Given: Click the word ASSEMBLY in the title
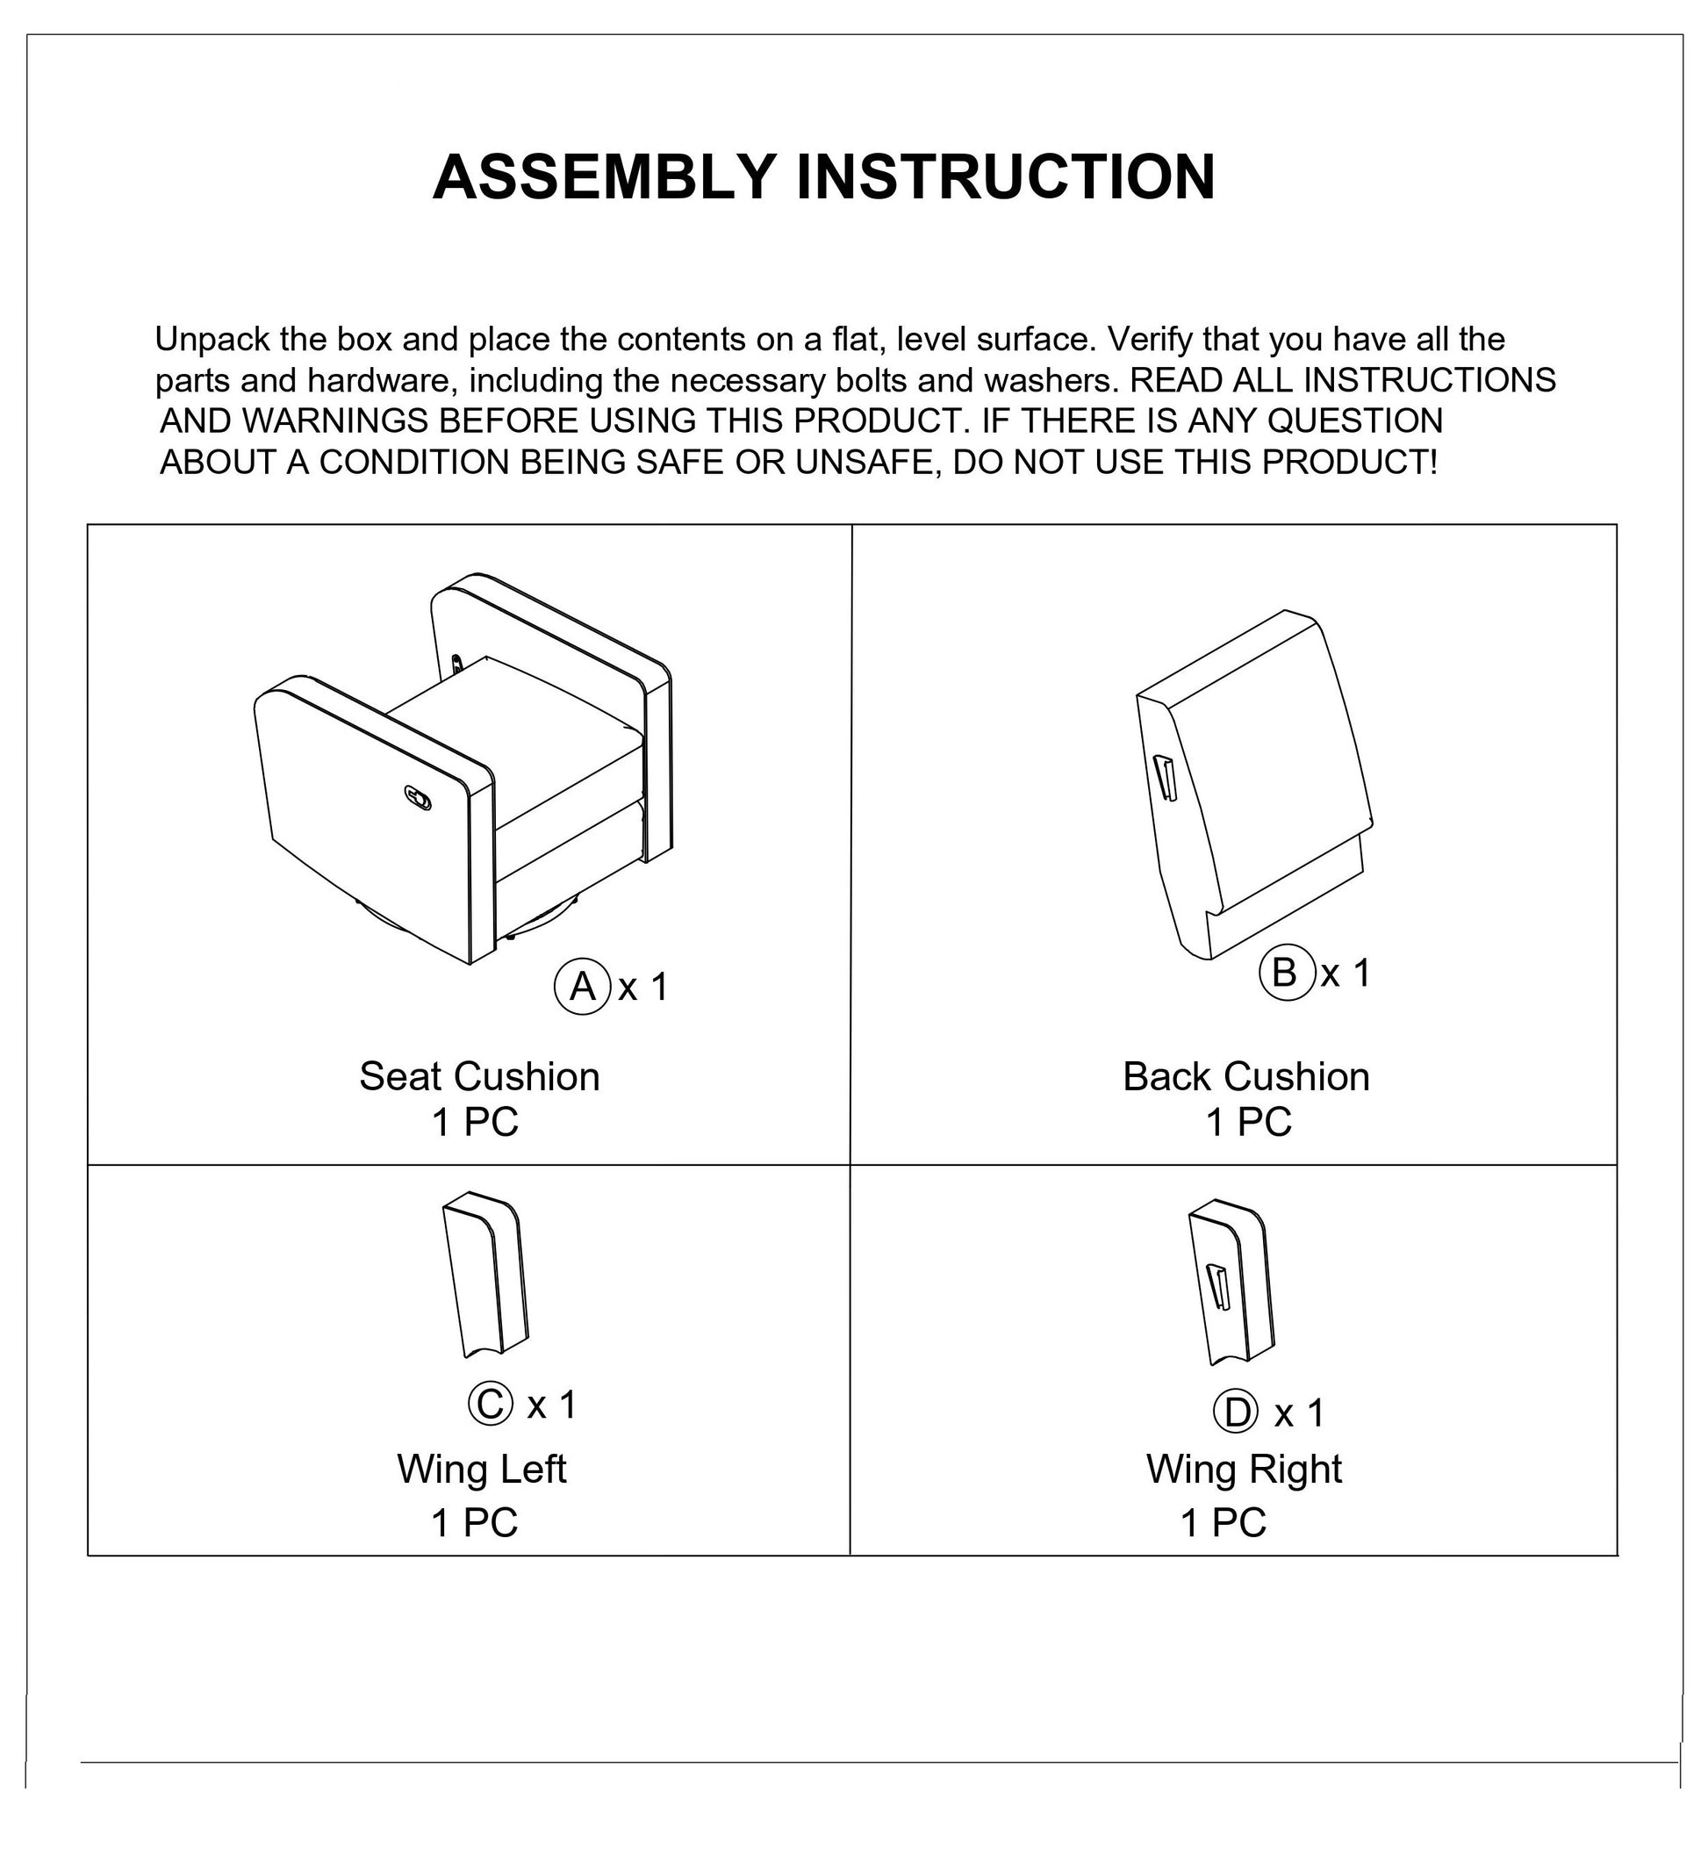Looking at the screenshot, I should [604, 176].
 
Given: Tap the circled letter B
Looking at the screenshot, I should [1284, 974].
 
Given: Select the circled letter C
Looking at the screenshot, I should [491, 1405].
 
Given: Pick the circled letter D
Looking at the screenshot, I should [1237, 1413].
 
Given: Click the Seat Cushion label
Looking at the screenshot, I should [479, 1076].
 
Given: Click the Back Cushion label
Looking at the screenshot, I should [1245, 1076].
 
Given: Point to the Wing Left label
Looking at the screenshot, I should [481, 1470].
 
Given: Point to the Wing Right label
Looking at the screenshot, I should [1244, 1470].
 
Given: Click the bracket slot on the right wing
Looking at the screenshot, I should [1218, 1288].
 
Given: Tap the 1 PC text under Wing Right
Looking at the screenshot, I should [1224, 1523].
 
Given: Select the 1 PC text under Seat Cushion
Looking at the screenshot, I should [475, 1122].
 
